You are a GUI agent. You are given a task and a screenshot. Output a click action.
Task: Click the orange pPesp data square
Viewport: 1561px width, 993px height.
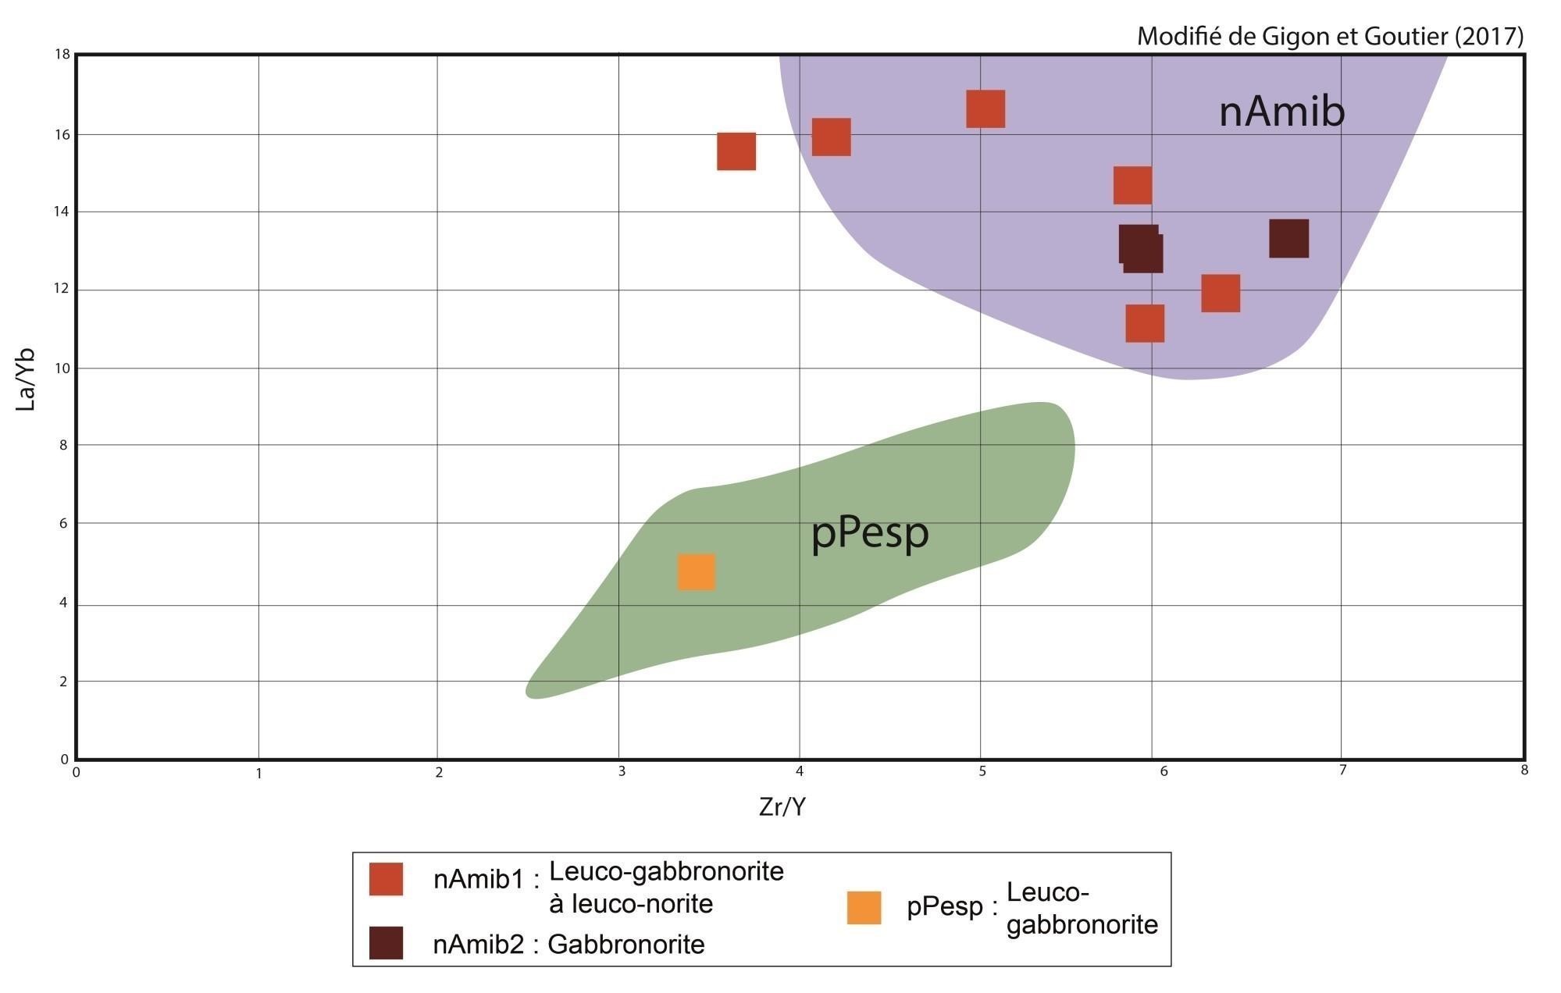[696, 572]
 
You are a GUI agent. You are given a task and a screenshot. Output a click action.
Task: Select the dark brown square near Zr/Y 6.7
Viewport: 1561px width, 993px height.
[1288, 238]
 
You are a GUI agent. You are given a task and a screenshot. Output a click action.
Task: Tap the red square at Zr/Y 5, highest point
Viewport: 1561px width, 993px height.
[985, 109]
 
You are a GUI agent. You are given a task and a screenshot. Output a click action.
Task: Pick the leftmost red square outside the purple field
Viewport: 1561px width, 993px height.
[736, 151]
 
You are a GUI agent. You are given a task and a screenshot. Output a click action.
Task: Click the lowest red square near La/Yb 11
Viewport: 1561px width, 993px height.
[1145, 323]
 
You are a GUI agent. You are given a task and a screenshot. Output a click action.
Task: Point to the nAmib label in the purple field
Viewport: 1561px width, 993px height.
[1281, 112]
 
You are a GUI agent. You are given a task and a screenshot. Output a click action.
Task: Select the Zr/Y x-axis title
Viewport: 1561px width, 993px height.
[782, 807]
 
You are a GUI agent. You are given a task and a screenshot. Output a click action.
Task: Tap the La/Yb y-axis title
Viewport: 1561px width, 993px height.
[27, 379]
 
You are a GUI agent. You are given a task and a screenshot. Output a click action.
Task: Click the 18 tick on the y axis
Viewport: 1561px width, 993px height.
[62, 54]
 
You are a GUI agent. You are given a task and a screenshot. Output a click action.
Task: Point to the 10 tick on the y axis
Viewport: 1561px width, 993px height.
[62, 368]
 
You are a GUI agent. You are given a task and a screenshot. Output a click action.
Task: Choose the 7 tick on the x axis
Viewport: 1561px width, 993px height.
[1342, 771]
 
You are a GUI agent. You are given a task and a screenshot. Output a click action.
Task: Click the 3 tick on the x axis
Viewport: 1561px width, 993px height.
[622, 772]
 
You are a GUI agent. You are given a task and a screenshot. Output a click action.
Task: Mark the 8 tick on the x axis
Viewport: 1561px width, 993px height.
[1524, 771]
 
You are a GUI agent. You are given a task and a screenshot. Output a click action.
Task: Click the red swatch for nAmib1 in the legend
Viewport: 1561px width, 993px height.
[386, 879]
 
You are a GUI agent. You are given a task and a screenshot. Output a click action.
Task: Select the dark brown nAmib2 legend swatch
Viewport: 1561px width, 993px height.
[386, 943]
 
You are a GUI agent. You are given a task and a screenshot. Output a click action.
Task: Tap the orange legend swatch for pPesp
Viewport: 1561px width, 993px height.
[864, 907]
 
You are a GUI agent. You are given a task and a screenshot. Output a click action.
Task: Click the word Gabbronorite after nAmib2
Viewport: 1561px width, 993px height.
[625, 945]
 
